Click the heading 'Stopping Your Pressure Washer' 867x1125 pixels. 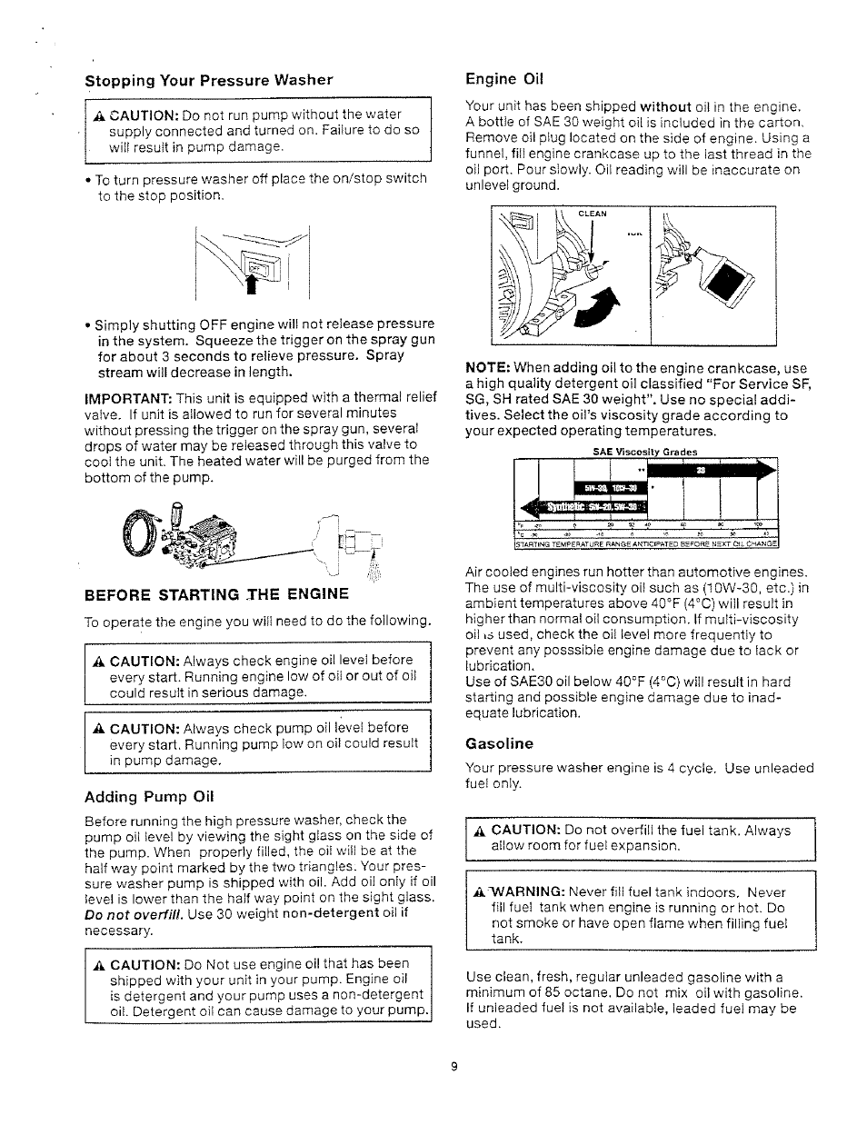(208, 80)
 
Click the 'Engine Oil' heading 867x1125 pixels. (503, 78)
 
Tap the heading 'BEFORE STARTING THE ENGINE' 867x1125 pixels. (216, 594)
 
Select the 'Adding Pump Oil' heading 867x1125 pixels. (149, 797)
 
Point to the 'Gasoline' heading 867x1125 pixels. (499, 743)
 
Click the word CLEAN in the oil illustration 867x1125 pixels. (592, 214)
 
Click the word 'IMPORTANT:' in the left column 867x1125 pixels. (128, 399)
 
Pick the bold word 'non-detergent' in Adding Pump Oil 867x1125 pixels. (330, 913)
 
